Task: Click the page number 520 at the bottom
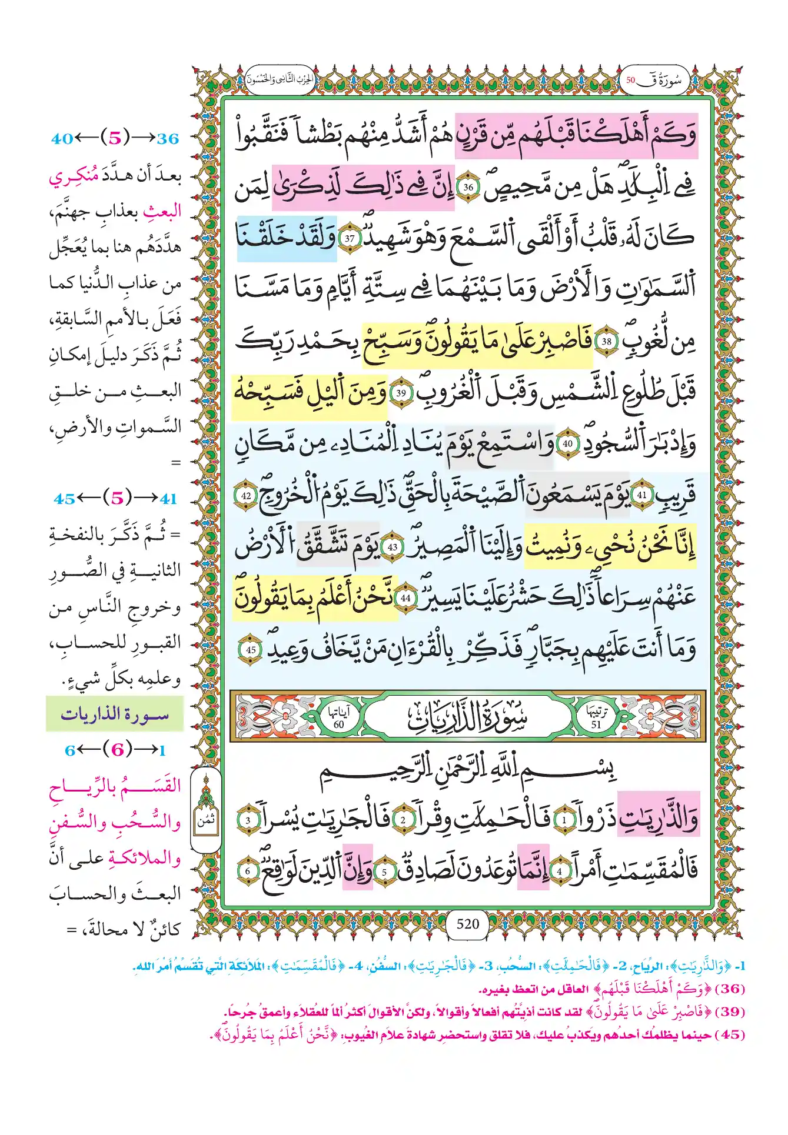tap(468, 923)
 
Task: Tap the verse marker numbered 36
tap(468, 188)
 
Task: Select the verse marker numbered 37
tap(350, 239)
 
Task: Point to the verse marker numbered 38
tap(606, 341)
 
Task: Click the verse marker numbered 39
tap(401, 393)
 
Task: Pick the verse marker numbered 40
tap(567, 444)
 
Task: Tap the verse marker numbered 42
tap(246, 495)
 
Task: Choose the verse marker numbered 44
tap(405, 598)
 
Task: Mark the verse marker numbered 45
tap(251, 650)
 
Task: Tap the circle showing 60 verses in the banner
tap(339, 718)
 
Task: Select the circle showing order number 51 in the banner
tap(596, 718)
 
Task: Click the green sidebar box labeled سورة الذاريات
tap(115, 715)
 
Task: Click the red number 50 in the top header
tap(631, 80)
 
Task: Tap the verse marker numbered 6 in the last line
tap(248, 871)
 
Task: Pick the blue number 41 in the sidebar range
tap(169, 499)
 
